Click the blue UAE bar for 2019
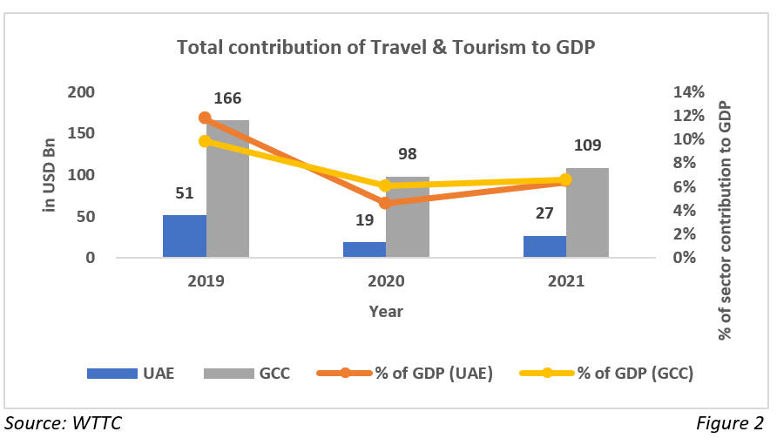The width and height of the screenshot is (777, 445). (x=185, y=236)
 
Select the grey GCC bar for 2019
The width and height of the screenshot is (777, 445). (x=228, y=189)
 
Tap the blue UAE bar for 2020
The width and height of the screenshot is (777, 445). (x=364, y=249)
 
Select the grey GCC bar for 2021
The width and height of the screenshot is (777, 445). (x=587, y=212)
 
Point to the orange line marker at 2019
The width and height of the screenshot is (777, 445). (x=205, y=118)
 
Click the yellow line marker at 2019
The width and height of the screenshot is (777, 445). (x=205, y=141)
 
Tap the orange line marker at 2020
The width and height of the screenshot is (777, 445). (x=386, y=203)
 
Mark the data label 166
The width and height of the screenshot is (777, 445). (x=227, y=98)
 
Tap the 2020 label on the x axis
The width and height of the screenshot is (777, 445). (x=386, y=281)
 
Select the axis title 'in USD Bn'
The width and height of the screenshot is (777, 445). (x=50, y=174)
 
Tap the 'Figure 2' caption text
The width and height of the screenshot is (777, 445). (x=730, y=424)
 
